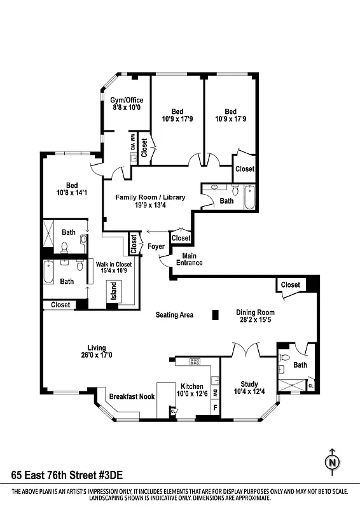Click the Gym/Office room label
coord(127,100)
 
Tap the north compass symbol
coord(331,463)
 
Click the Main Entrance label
coord(189,259)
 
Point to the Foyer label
coord(156,246)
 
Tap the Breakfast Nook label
coord(132,396)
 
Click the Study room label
coord(249,384)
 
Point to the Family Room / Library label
coord(150,197)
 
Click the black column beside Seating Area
coord(216,314)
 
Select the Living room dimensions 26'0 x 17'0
coord(97,356)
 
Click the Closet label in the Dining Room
coord(291,284)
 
